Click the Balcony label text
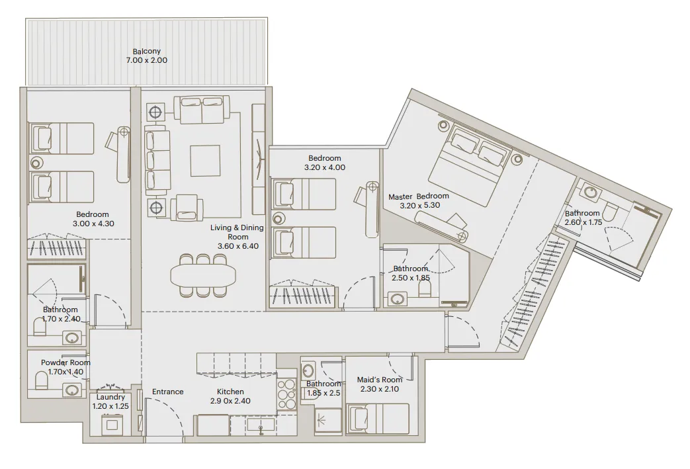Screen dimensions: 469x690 (146, 52)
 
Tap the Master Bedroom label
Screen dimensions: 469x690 (418, 196)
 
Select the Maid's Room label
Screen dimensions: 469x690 (380, 380)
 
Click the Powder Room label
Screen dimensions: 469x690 (65, 362)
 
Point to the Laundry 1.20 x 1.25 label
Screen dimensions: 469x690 (110, 402)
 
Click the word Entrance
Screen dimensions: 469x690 (167, 392)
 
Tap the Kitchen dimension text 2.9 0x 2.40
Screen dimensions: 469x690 (230, 401)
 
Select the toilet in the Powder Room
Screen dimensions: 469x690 (42, 381)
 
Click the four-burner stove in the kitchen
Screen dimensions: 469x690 (286, 395)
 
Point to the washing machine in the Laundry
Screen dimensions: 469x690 (114, 423)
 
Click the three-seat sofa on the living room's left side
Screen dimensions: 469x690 (157, 161)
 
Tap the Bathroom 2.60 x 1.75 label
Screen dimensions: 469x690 (582, 218)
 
